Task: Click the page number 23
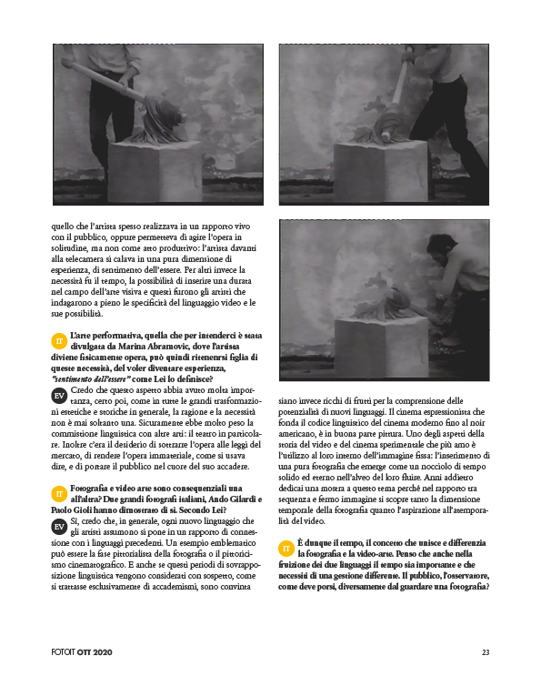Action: (x=486, y=652)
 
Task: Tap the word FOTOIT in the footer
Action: (x=63, y=652)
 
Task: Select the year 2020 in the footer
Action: (x=103, y=652)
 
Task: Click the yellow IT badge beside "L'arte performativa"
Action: (x=59, y=341)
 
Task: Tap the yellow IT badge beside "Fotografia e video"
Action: (x=59, y=494)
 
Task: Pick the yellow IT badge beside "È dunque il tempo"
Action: (x=286, y=549)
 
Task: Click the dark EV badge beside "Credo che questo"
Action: (x=59, y=396)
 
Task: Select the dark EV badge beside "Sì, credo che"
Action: (x=59, y=527)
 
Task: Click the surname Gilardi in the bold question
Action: (x=241, y=499)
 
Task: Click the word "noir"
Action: (x=477, y=422)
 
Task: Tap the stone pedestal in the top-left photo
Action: (x=155, y=171)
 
